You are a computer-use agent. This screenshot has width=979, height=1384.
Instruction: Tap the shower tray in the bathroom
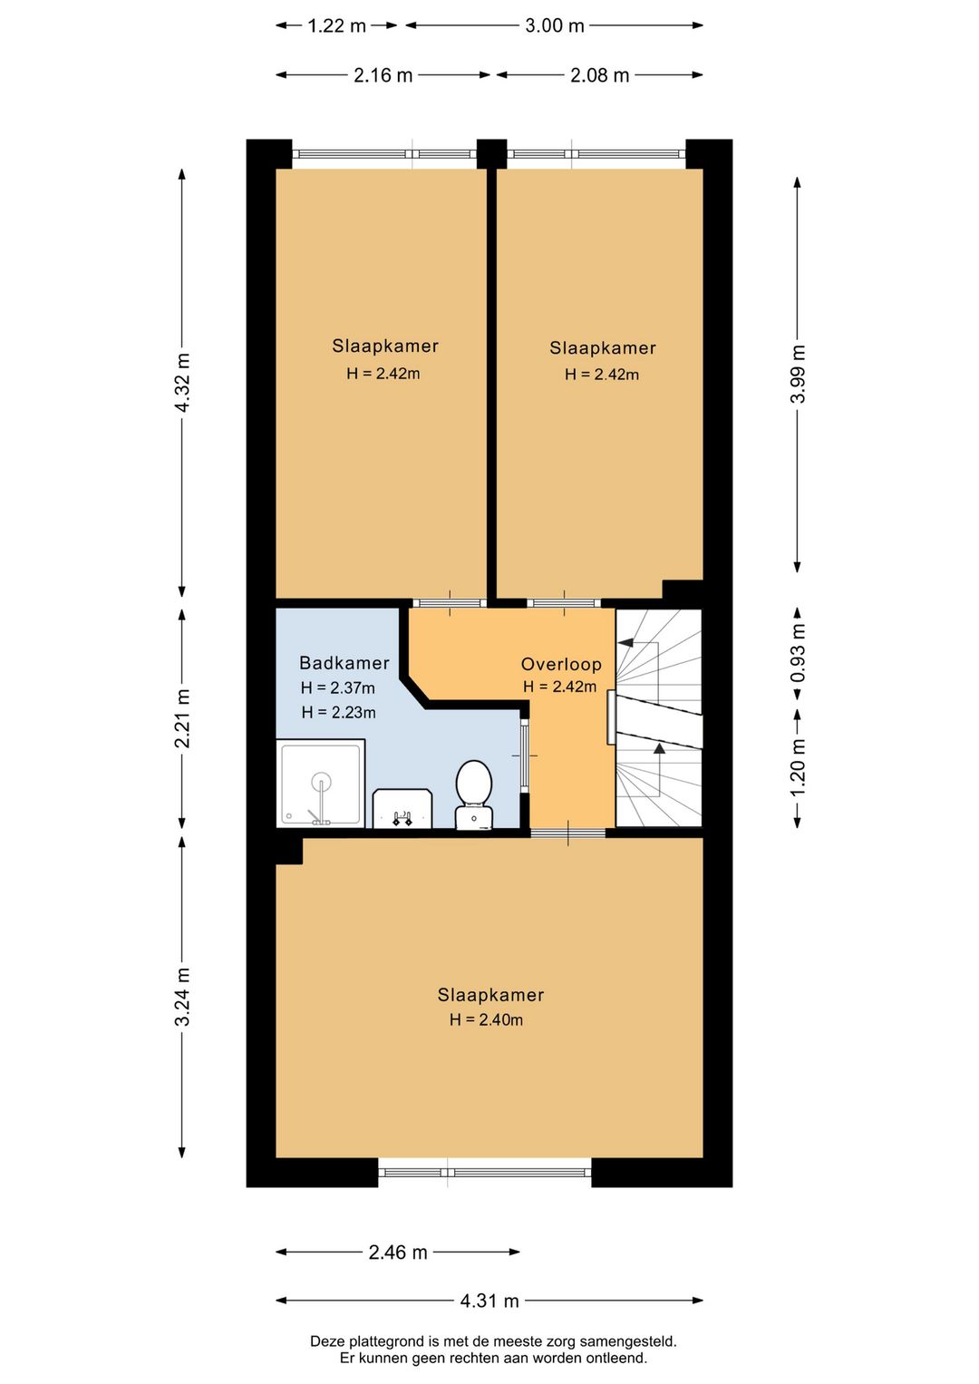tap(321, 783)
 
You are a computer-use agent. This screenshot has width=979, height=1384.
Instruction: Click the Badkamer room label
tap(344, 663)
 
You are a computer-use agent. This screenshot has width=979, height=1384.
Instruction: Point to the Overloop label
tap(561, 664)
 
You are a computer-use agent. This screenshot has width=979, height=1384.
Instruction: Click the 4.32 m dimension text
tap(182, 383)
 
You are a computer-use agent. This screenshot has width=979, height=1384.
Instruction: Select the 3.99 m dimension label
tap(798, 373)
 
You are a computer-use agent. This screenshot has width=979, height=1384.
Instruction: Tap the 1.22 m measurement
tap(336, 26)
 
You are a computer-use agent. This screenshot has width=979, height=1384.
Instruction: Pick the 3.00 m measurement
tap(554, 26)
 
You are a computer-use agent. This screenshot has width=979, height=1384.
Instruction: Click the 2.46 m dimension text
tap(398, 1252)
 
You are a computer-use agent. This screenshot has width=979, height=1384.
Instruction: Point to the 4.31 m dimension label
tap(489, 1301)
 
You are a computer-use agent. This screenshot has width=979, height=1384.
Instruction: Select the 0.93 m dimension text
tap(798, 654)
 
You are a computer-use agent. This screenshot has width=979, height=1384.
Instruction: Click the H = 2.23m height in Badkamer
tap(338, 712)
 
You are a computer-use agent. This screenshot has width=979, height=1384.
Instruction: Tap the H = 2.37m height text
tap(338, 687)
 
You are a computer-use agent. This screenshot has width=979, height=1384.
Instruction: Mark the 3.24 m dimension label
tap(182, 996)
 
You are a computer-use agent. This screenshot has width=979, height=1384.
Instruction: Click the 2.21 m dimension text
tap(182, 718)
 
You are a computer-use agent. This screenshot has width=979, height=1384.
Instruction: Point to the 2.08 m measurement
tap(599, 75)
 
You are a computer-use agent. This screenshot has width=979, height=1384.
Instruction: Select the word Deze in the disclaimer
tap(325, 1341)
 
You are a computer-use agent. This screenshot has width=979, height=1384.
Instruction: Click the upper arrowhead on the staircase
tap(625, 642)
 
